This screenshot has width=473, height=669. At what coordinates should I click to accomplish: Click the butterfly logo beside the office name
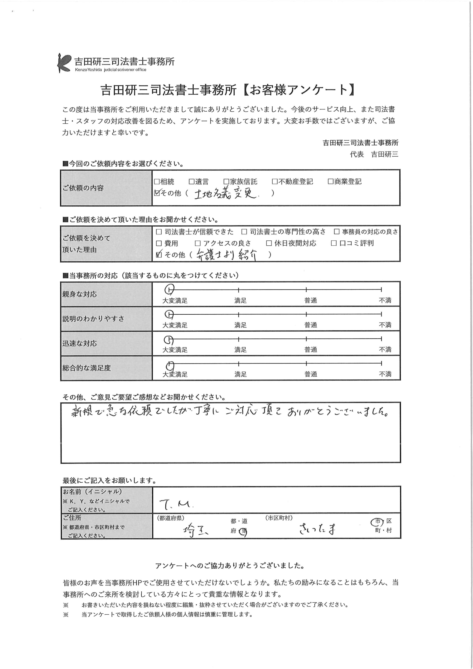[x=64, y=63]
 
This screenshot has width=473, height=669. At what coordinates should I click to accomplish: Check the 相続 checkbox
[x=157, y=182]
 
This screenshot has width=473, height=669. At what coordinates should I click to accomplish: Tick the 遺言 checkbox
[x=192, y=182]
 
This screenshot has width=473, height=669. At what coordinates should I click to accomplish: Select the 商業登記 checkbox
[x=331, y=182]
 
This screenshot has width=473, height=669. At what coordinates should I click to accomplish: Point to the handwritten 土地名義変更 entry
[x=225, y=193]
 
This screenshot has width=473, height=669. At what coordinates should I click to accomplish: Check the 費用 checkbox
[x=159, y=243]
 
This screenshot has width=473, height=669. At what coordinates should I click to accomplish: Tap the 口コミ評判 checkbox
[x=334, y=243]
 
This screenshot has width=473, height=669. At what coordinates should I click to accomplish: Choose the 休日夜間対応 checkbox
[x=269, y=243]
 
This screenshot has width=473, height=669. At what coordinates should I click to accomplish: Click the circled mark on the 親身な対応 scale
[x=169, y=290]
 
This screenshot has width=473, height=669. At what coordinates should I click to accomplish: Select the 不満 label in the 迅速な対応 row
[x=385, y=350]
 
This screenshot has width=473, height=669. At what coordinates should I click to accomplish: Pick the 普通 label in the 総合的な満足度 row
[x=311, y=374]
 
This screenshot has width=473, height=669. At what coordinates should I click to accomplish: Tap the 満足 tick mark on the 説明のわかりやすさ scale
[x=238, y=314]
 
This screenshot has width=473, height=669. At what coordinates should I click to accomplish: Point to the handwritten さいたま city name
[x=317, y=529]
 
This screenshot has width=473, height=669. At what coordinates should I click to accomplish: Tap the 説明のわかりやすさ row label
[x=93, y=319]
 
